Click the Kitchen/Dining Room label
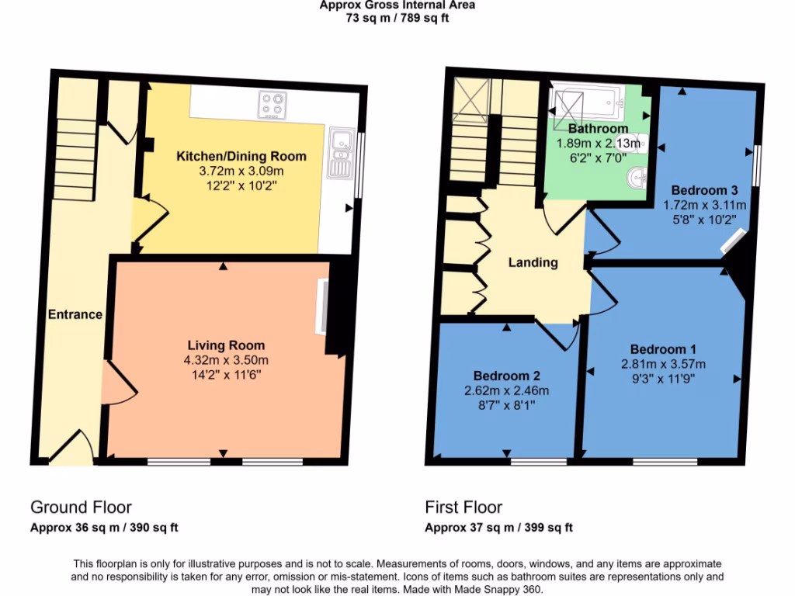tap(241, 156)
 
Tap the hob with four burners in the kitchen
tap(273, 103)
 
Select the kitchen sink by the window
tap(339, 153)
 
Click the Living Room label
tap(226, 345)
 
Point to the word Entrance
tap(75, 314)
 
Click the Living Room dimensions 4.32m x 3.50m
tap(226, 359)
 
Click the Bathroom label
tap(598, 128)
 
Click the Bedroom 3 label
tap(704, 190)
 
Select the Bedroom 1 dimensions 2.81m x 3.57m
tap(663, 364)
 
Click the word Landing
tap(533, 262)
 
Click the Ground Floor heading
tap(81, 508)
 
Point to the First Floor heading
tap(463, 508)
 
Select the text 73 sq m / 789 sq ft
tap(397, 18)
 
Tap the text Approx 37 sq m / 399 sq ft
tap(498, 528)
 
